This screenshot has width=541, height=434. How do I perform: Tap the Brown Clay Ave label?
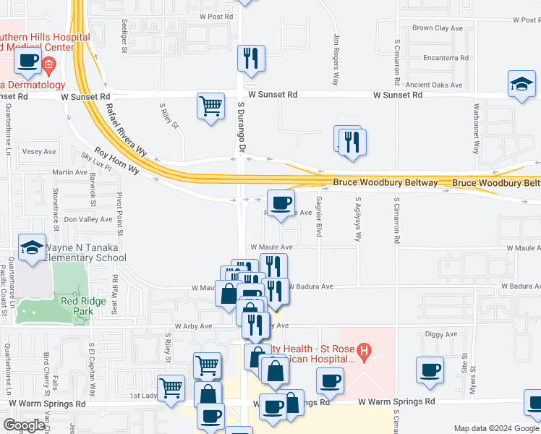point(437,28)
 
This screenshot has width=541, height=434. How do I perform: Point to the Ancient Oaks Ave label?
point(433,85)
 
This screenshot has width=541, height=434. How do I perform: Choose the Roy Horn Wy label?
point(116,163)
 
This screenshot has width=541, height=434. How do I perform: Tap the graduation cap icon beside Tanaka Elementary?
point(32,247)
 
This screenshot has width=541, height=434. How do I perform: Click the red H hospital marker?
point(365,353)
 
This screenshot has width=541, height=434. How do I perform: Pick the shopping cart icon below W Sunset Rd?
point(210,106)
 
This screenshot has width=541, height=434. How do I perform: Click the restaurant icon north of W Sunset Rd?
point(251,58)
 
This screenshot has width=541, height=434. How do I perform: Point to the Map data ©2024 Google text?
point(495,428)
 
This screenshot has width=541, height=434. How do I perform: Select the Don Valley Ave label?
point(88,218)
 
